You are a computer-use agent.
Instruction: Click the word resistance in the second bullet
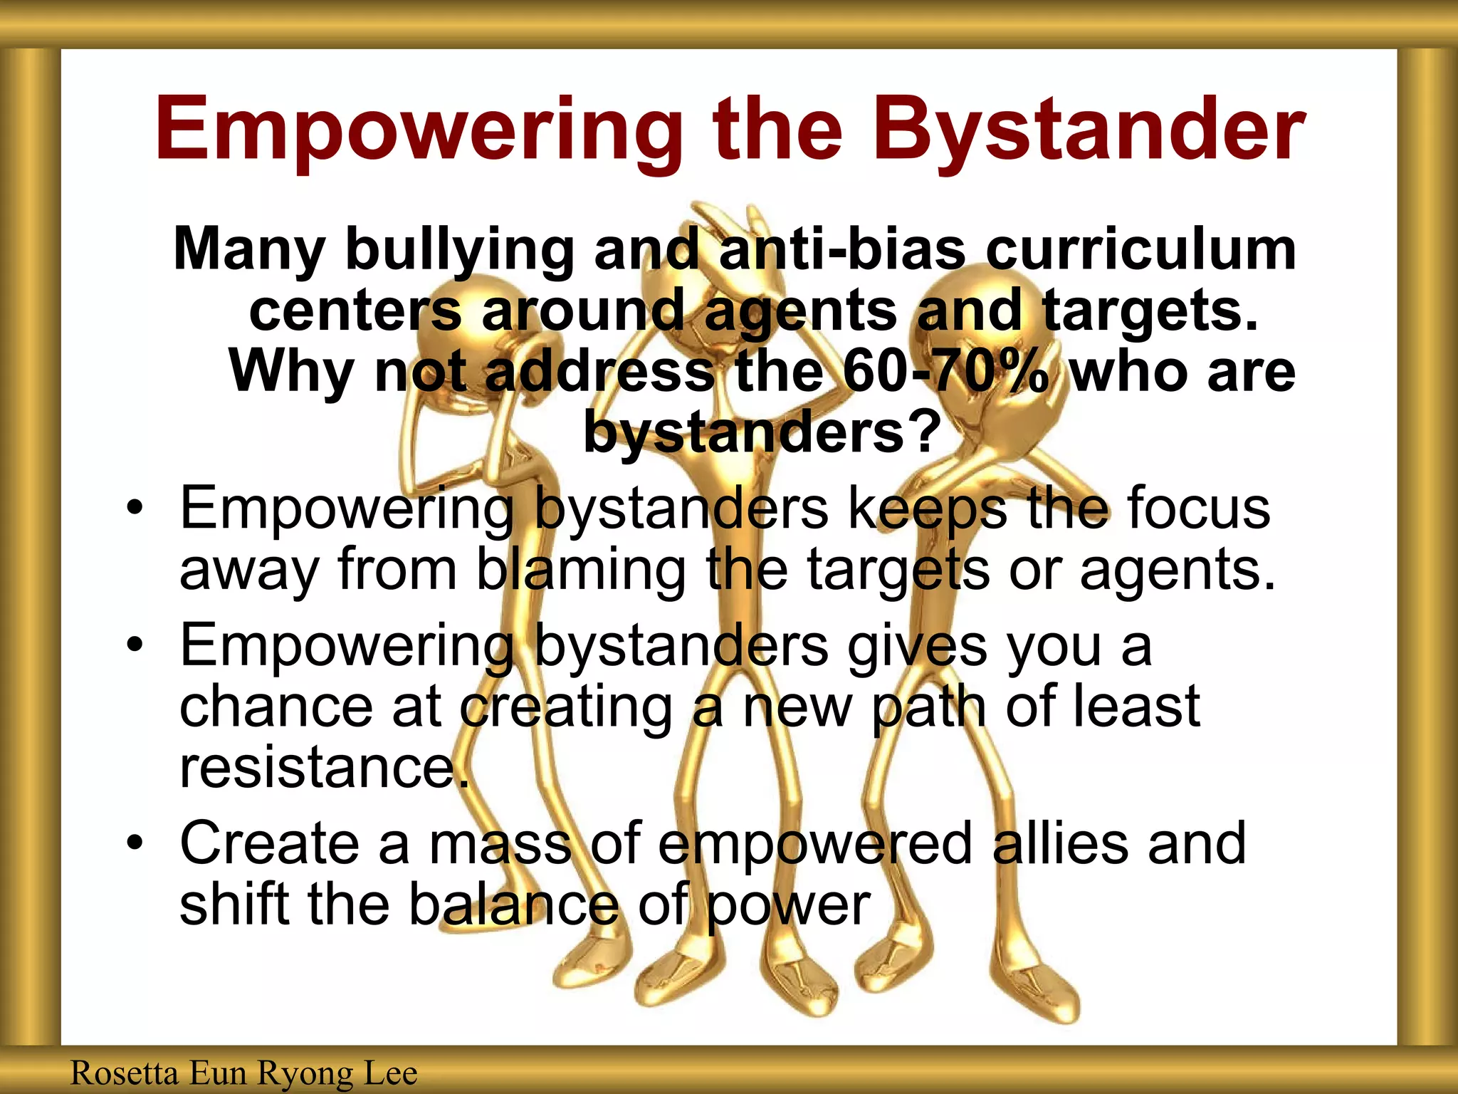[x=324, y=768]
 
